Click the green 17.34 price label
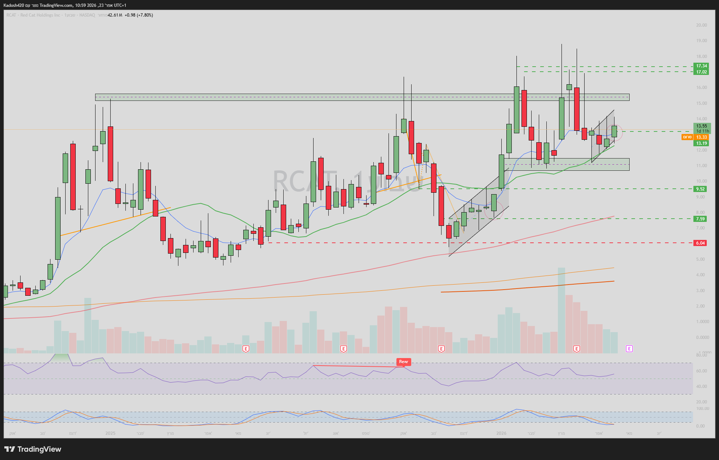tap(701, 66)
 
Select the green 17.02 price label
tap(701, 72)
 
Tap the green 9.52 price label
tap(700, 189)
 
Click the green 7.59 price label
tap(700, 219)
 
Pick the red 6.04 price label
tap(700, 243)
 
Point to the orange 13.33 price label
tap(701, 137)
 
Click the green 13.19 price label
tap(701, 143)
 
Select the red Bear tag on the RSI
tap(403, 362)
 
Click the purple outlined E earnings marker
tap(629, 349)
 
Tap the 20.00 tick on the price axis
tap(701, 25)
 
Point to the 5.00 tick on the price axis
tap(700, 259)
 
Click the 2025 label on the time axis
tap(110, 433)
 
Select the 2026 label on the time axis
tap(501, 433)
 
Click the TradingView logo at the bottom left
tap(33, 449)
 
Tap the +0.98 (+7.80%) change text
tap(139, 15)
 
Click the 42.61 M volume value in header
tap(115, 15)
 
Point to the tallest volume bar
tap(561, 310)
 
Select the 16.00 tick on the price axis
tap(701, 88)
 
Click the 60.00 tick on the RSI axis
tap(701, 371)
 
